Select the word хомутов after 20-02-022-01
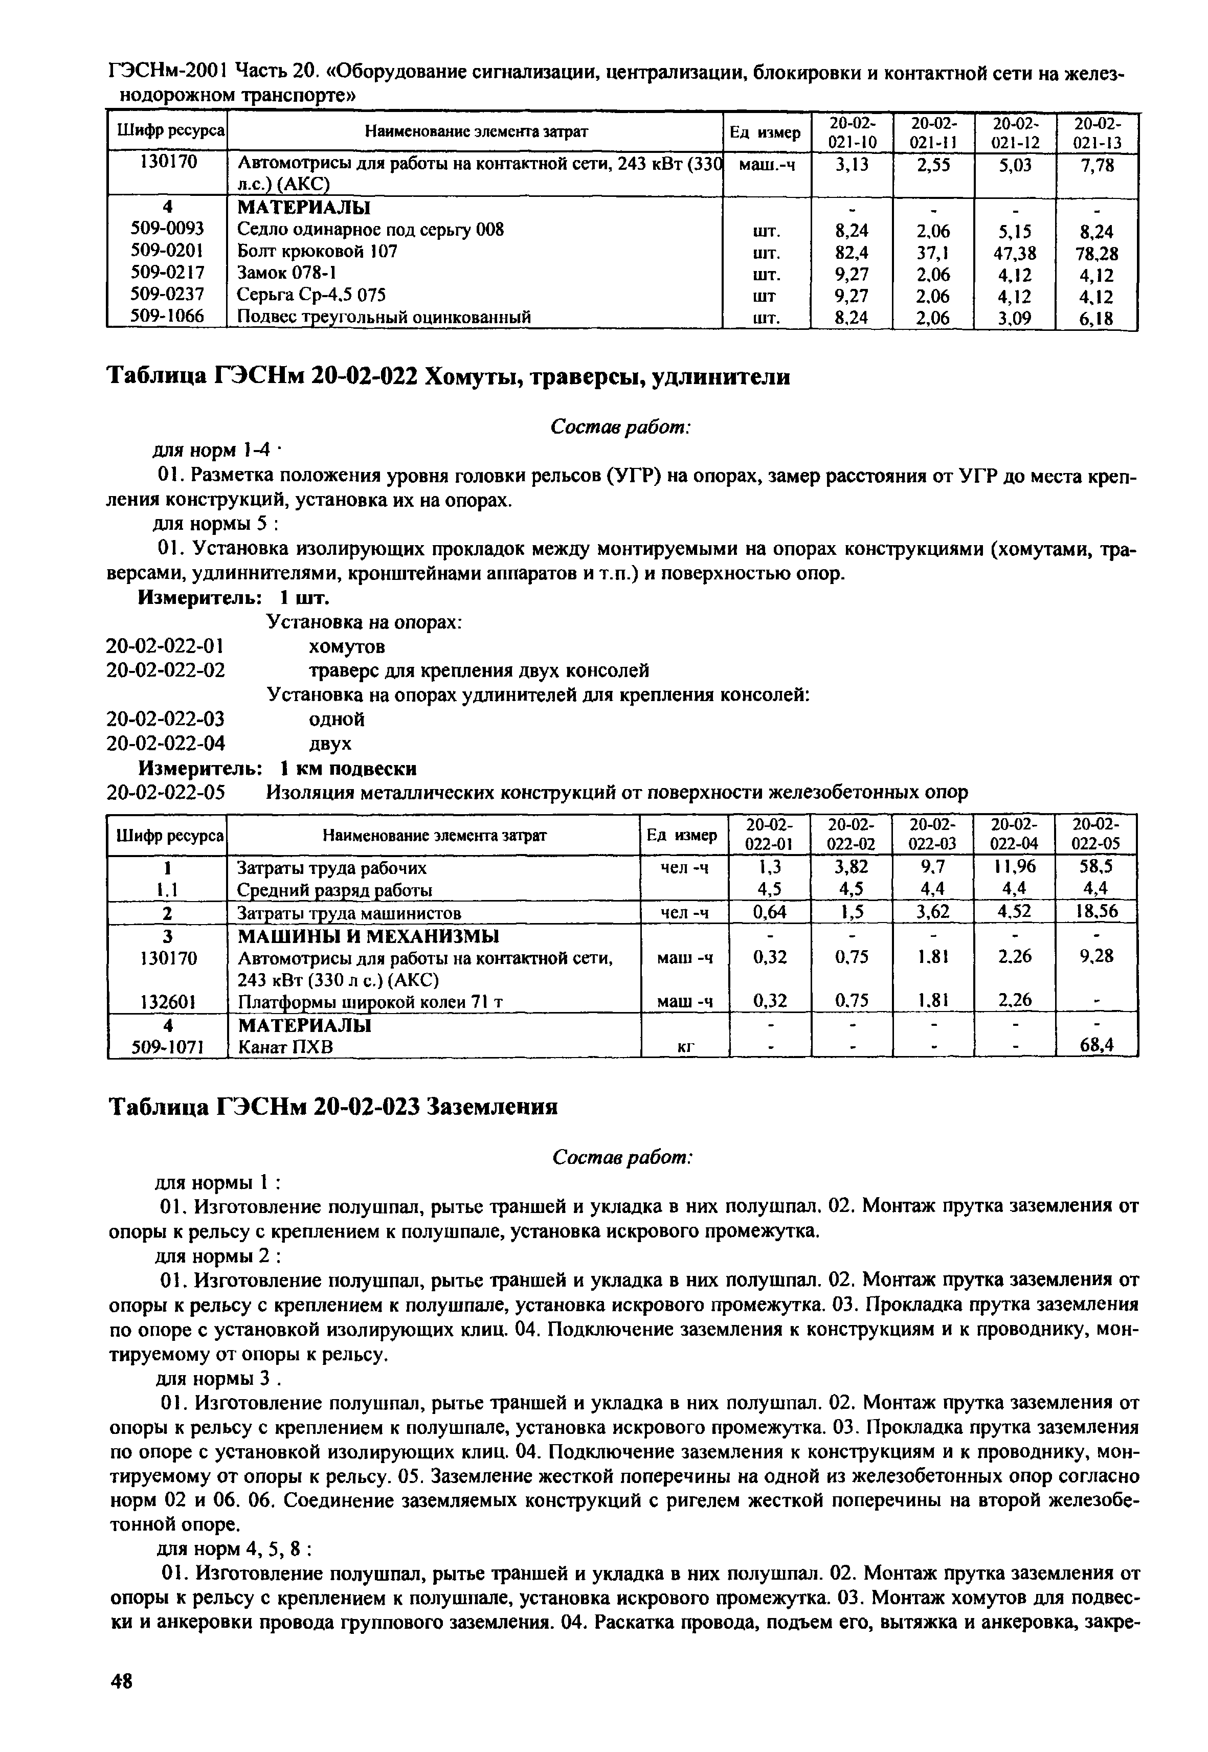click(347, 646)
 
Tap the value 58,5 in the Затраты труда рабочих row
click(1096, 867)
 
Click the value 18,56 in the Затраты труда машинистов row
click(1096, 912)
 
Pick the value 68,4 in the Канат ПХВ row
click(1096, 1046)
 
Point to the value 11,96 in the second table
click(1014, 867)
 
